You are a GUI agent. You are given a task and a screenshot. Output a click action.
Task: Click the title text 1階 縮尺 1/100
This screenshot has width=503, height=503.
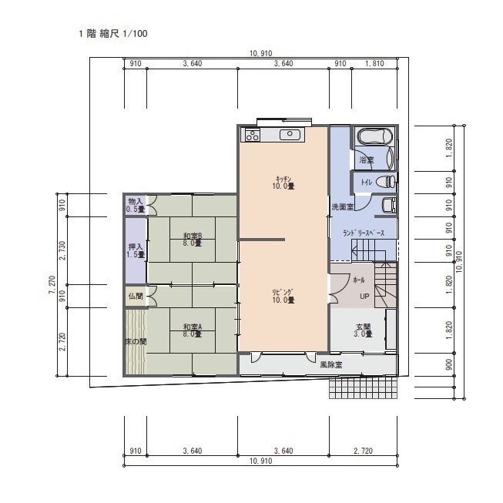click(113, 33)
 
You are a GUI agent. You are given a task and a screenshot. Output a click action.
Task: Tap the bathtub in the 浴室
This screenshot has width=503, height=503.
click(375, 137)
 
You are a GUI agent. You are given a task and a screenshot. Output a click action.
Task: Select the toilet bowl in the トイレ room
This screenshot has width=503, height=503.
click(385, 182)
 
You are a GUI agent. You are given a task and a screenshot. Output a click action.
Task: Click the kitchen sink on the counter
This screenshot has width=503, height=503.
click(290, 135)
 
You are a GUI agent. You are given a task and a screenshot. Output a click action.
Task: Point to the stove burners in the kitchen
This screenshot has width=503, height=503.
click(253, 135)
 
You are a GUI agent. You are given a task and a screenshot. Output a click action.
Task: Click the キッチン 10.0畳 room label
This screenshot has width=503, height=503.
click(283, 183)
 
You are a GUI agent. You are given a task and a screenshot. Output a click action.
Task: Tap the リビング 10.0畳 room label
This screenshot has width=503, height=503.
click(283, 297)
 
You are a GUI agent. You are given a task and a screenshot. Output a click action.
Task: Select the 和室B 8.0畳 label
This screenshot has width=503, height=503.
click(193, 240)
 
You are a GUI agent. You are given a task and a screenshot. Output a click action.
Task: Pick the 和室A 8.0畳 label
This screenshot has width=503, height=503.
click(193, 330)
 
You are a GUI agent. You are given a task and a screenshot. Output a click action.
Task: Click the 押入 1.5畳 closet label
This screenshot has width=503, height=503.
click(136, 250)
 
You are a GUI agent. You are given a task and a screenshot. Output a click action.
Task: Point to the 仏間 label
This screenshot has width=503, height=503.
click(136, 296)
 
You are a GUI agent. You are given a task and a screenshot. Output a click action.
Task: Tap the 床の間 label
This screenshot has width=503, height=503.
click(136, 342)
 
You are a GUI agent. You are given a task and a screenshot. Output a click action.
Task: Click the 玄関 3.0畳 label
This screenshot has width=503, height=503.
click(363, 330)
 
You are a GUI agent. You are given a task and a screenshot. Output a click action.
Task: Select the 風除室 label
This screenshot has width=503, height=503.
click(331, 365)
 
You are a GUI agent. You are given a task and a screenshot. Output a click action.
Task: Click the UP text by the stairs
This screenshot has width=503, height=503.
click(364, 297)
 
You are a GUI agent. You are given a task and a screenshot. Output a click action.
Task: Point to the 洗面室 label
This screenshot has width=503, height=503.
click(343, 207)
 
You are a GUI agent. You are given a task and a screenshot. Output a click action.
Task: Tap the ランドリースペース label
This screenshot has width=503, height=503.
click(364, 233)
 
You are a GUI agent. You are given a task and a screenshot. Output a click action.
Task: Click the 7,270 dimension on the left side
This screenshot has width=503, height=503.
click(52, 285)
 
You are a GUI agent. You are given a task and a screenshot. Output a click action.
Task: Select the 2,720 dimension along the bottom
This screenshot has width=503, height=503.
click(363, 451)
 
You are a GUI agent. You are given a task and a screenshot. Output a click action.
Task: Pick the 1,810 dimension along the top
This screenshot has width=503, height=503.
click(374, 63)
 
